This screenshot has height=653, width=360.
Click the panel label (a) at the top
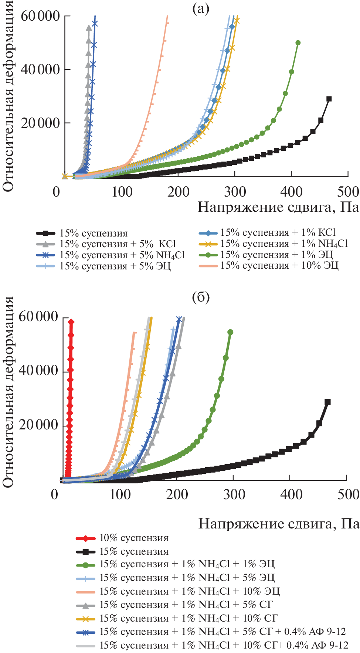pos(201,9)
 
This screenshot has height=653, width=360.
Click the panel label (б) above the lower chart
pos(201,297)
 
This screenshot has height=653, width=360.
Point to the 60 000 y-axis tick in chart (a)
pos(40,16)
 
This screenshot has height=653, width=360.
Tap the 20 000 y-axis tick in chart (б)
pos(39,425)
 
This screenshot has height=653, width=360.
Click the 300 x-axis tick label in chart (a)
pos(235,192)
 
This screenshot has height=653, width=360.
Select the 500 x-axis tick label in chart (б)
pos(348,494)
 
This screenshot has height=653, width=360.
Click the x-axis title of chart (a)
pos(278,207)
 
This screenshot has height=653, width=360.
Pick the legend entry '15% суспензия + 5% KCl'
pos(118,244)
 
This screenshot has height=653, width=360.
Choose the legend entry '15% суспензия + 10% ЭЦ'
pos(279,265)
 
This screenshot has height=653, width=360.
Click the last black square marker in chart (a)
pos(329,99)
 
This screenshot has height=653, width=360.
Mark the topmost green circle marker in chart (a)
pos(298,43)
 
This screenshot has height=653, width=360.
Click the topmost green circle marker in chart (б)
pos(230,332)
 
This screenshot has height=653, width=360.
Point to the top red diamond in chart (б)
pos(71,322)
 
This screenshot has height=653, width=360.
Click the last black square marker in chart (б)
pos(327,402)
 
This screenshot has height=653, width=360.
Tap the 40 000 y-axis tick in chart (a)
pos(40,69)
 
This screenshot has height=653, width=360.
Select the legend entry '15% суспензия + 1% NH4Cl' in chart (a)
pos(284,244)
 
